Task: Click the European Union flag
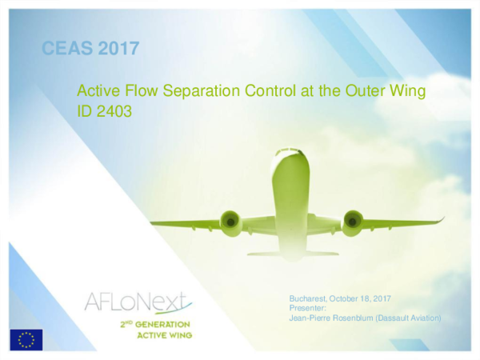[x=26, y=338]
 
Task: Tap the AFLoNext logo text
[x=137, y=302]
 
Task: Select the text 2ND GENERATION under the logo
[x=150, y=324]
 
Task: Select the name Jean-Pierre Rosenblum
[x=333, y=318]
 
